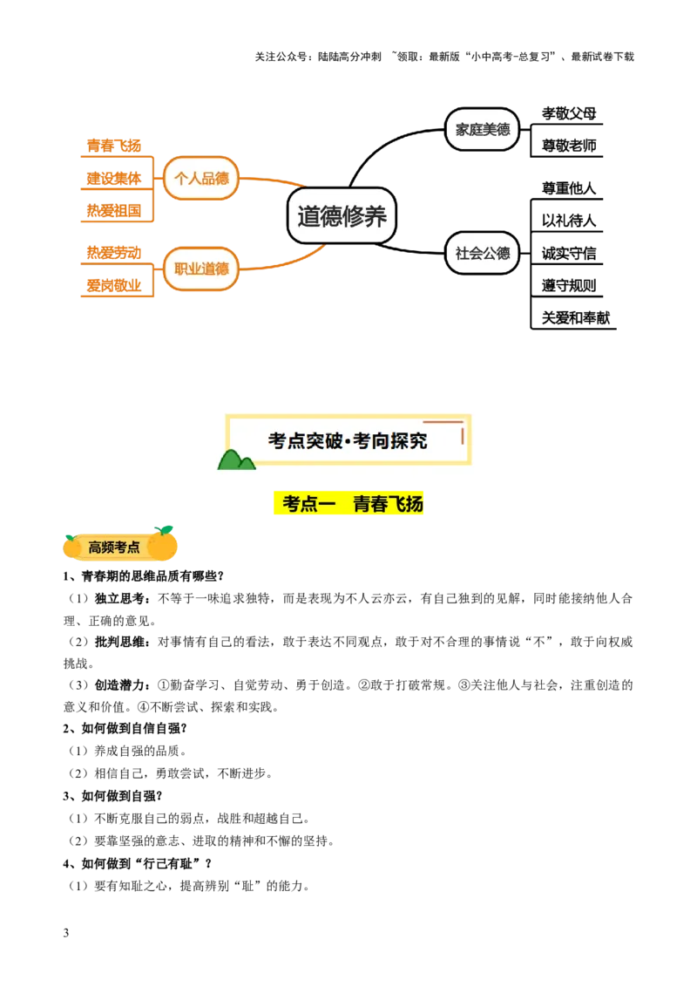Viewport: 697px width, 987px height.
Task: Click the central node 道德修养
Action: tap(342, 215)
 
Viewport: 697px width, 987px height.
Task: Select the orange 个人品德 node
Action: tap(201, 178)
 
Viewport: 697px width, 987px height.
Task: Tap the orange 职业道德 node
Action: tap(201, 269)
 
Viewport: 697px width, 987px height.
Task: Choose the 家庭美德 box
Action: tap(483, 129)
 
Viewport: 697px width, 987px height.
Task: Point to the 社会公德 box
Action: tap(483, 253)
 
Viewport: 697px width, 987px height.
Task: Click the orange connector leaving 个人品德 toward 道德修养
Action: tap(272, 180)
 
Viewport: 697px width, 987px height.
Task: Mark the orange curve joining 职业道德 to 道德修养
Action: tap(283, 261)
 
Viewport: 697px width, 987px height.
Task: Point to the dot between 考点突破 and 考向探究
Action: tap(347, 442)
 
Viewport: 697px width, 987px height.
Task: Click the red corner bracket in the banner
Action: tap(455, 427)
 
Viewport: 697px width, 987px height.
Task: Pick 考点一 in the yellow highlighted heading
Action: tap(308, 504)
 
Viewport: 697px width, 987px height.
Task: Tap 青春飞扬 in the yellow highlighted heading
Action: tap(388, 504)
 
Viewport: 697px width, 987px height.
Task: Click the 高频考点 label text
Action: tap(114, 548)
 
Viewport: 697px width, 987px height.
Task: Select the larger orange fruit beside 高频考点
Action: tap(163, 544)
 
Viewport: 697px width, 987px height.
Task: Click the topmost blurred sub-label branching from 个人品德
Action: tap(113, 145)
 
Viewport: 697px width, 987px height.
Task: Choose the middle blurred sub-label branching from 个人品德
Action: tap(113, 179)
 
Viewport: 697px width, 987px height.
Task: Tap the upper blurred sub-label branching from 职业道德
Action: tap(113, 252)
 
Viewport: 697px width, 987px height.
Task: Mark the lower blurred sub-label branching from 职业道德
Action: tap(113, 284)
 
